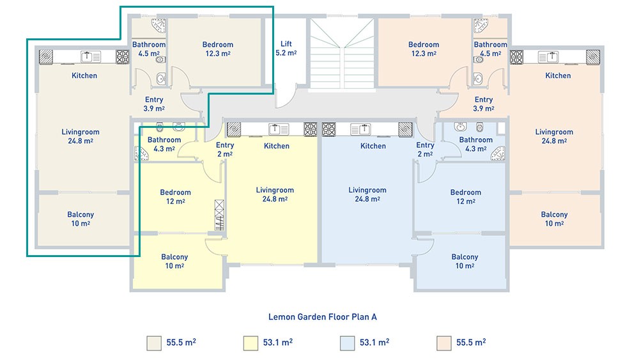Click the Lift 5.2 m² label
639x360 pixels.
click(x=286, y=48)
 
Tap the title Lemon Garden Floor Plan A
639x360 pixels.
click(x=322, y=317)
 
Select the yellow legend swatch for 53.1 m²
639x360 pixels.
click(x=250, y=343)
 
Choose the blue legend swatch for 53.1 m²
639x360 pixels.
click(x=347, y=343)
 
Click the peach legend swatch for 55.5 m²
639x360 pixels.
click(x=444, y=343)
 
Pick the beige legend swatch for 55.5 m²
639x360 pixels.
click(x=154, y=343)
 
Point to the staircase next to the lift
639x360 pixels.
click(x=342, y=53)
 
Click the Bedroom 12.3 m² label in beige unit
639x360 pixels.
click(x=218, y=49)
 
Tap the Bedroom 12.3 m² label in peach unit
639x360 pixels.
click(x=424, y=49)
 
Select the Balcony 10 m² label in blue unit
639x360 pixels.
click(x=465, y=262)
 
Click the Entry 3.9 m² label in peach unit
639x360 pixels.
click(x=484, y=104)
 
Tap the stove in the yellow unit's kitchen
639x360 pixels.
click(x=311, y=129)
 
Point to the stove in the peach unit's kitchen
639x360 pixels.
click(x=516, y=57)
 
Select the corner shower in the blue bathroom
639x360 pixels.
click(x=498, y=153)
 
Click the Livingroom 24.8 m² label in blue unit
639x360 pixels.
click(x=367, y=194)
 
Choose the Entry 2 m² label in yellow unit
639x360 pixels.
click(x=225, y=150)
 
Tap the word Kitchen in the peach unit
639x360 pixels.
click(x=558, y=75)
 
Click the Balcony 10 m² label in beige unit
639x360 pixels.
click(x=81, y=219)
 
